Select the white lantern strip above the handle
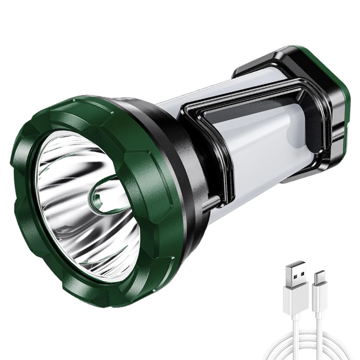tap(201, 90)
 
